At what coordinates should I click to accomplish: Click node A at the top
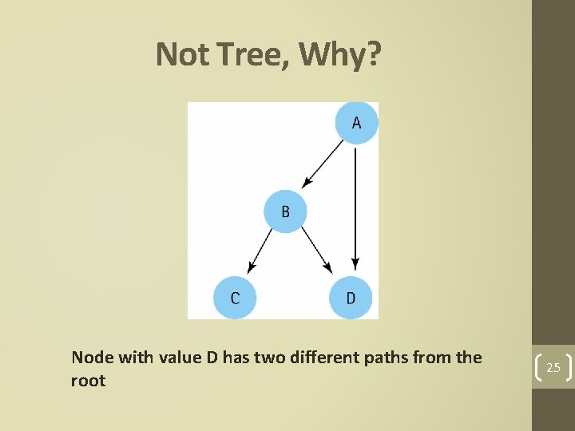[356, 123]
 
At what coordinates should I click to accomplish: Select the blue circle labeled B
[285, 212]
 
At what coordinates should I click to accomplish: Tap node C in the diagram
[235, 298]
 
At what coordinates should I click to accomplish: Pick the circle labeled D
[351, 298]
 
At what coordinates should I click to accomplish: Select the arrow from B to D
[316, 249]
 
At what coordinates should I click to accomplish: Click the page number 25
[553, 368]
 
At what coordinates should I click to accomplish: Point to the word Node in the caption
[91, 357]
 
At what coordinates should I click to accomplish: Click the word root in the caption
[88, 381]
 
